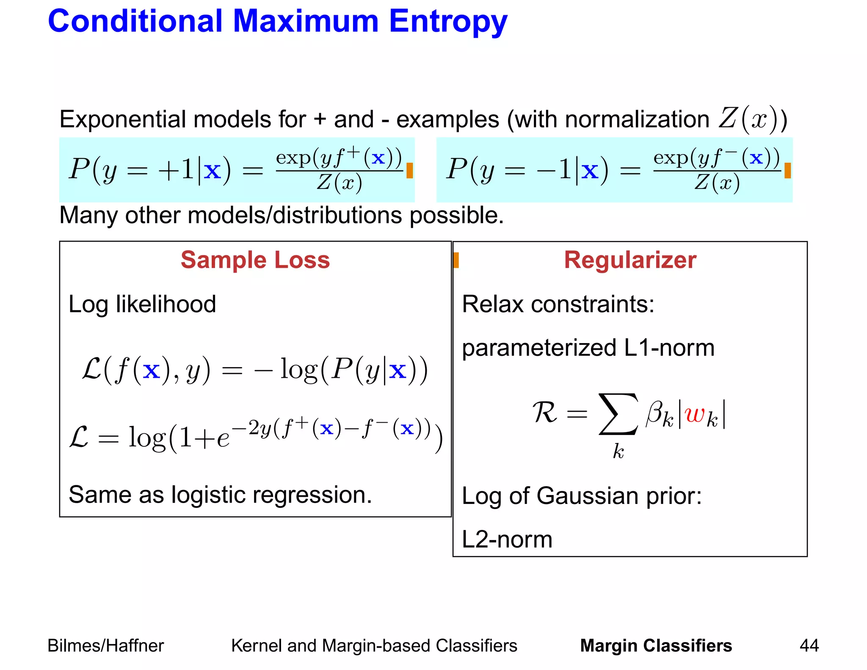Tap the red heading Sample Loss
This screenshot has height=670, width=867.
pyautogui.click(x=255, y=260)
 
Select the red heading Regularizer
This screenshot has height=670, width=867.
pyautogui.click(x=630, y=260)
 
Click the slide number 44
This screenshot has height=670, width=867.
pyautogui.click(x=809, y=645)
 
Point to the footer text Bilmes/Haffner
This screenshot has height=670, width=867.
pyautogui.click(x=105, y=645)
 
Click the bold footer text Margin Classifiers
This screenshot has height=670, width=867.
pyautogui.click(x=656, y=645)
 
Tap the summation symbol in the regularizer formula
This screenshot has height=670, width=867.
pyautogui.click(x=618, y=414)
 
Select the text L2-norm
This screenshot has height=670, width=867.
pyautogui.click(x=507, y=540)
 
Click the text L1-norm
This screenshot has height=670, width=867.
pyautogui.click(x=669, y=348)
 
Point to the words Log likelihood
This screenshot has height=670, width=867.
pyautogui.click(x=142, y=304)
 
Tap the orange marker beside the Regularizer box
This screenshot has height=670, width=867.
pyautogui.click(x=456, y=260)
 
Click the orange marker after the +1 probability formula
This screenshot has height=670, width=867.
pyautogui.click(x=409, y=171)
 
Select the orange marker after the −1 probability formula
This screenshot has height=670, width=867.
pyautogui.click(x=787, y=171)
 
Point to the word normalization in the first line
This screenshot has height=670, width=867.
pyautogui.click(x=637, y=119)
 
